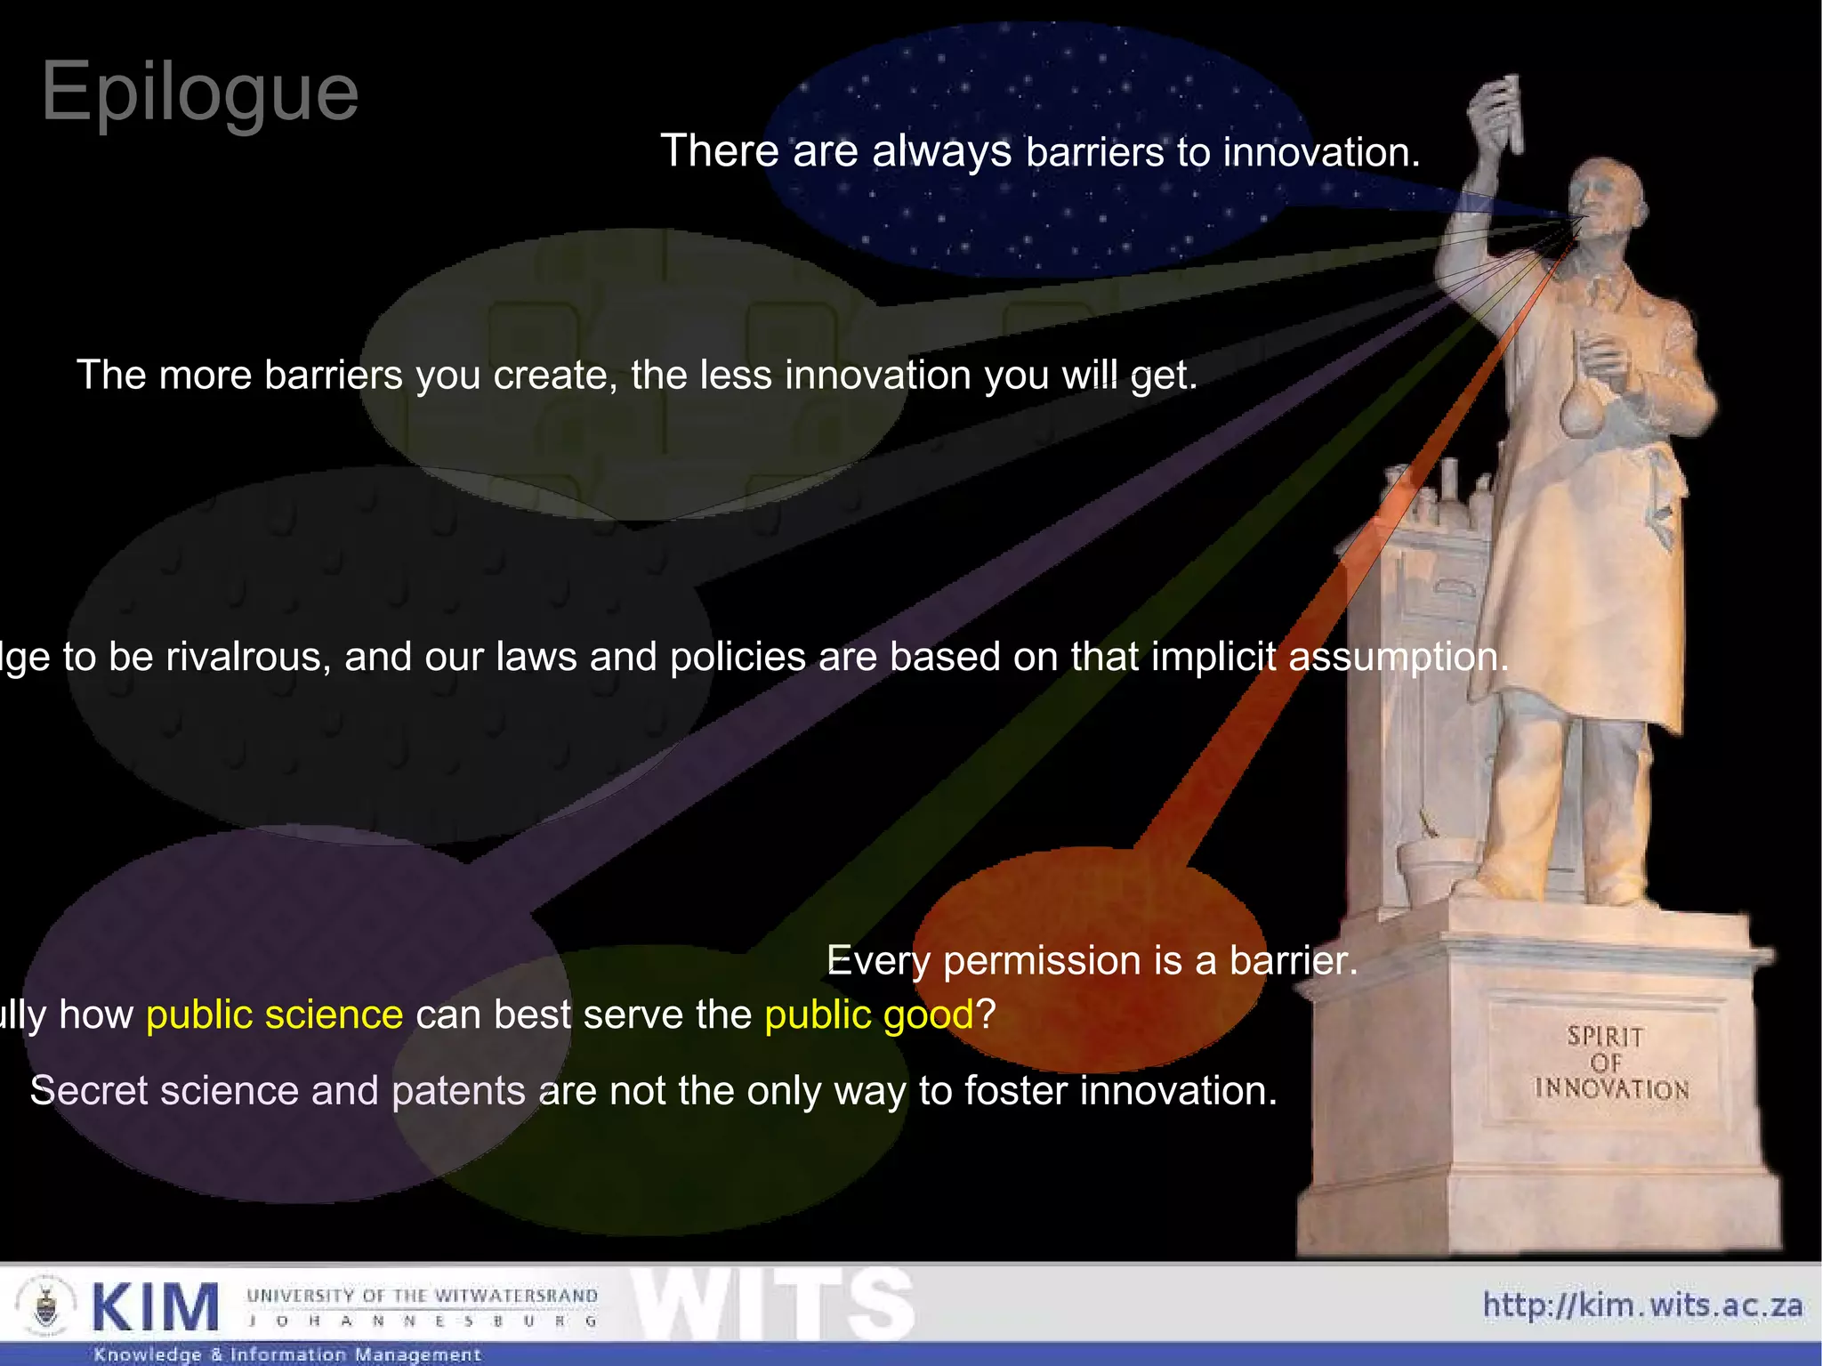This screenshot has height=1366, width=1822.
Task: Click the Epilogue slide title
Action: [x=199, y=92]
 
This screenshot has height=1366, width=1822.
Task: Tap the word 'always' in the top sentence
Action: [x=941, y=151]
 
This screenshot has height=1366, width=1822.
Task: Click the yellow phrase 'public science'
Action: [x=274, y=1014]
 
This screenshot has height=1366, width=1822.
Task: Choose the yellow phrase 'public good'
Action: [x=869, y=1014]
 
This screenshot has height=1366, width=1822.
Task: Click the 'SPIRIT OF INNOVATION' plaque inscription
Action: [x=1609, y=1063]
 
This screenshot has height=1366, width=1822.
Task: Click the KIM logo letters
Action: [x=155, y=1307]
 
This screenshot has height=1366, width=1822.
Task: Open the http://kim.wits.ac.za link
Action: [x=1642, y=1305]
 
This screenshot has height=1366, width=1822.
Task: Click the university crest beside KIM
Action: [x=46, y=1306]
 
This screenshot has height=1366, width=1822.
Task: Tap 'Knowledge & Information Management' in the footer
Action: [x=287, y=1354]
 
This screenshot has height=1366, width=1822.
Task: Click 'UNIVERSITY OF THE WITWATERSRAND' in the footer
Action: [x=422, y=1295]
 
